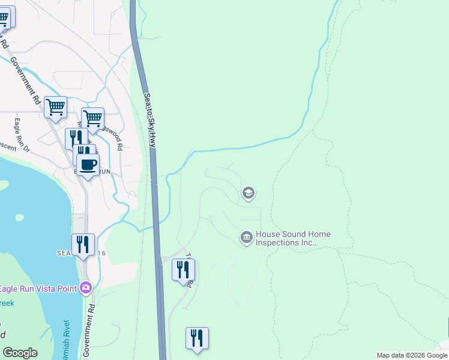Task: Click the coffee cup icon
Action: tap(88, 164)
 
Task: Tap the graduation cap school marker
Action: tap(248, 193)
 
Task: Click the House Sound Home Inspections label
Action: tap(294, 238)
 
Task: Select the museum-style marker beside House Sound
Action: tap(246, 238)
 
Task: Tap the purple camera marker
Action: tap(86, 288)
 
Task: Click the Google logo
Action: tap(20, 353)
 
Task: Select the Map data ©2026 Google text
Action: tap(412, 355)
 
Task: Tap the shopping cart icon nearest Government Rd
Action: tap(55, 107)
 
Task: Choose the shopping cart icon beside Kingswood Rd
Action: tap(93, 118)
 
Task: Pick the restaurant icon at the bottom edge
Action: tap(197, 338)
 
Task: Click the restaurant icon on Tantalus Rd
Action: tap(183, 270)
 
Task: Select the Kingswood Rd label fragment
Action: tap(114, 137)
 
